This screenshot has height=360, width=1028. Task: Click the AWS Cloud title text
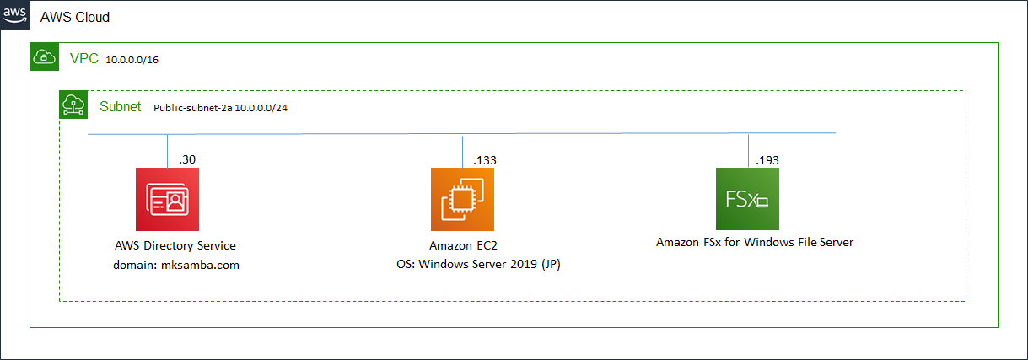75,17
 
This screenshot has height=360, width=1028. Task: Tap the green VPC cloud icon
44,57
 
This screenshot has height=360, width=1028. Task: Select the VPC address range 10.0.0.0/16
133,60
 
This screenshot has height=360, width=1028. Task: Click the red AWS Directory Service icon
167,199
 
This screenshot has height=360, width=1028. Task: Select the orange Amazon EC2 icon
462,199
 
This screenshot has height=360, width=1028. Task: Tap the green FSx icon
747,199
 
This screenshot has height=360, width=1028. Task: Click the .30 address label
186,159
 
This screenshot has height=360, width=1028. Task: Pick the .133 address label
484,159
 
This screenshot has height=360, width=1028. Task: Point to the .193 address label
768,159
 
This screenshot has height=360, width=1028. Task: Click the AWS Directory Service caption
175,245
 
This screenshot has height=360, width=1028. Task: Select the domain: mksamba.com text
175,265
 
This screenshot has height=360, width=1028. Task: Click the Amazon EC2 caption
461,245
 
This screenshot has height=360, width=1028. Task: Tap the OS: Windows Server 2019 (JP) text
479,265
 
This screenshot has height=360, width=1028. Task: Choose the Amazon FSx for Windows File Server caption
755,242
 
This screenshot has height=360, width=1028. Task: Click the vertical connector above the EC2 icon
462,150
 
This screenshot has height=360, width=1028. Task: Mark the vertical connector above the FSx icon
748,150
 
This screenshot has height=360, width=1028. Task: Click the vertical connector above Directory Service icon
168,150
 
